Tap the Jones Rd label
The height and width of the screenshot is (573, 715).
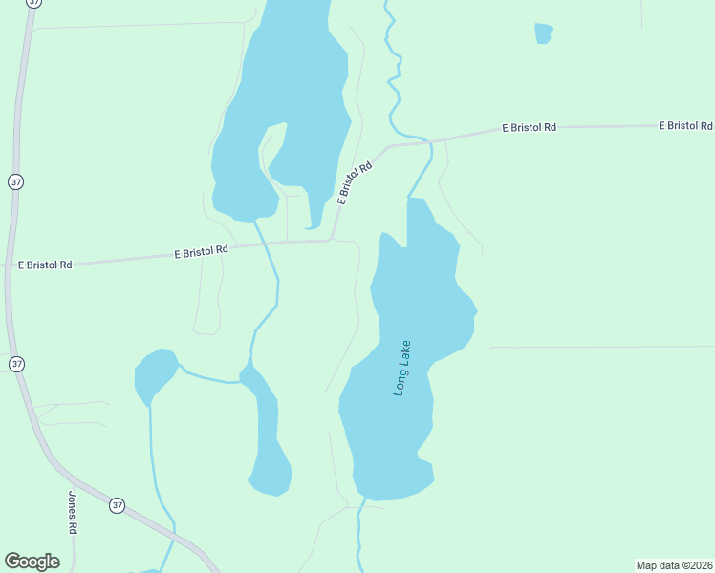(x=72, y=512)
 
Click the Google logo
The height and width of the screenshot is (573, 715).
(x=32, y=562)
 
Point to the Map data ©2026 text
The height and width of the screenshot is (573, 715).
(x=674, y=565)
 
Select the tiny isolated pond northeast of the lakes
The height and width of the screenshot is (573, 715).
(x=543, y=32)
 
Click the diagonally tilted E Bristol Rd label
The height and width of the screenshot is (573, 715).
(x=354, y=181)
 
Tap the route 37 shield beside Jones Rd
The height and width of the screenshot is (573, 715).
(x=117, y=505)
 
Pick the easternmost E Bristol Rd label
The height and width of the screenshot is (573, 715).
(x=685, y=125)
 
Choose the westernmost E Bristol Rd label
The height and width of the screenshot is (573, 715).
(x=45, y=265)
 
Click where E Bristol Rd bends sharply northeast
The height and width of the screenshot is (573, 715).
(x=331, y=239)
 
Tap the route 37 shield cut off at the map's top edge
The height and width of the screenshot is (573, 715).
(x=34, y=3)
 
